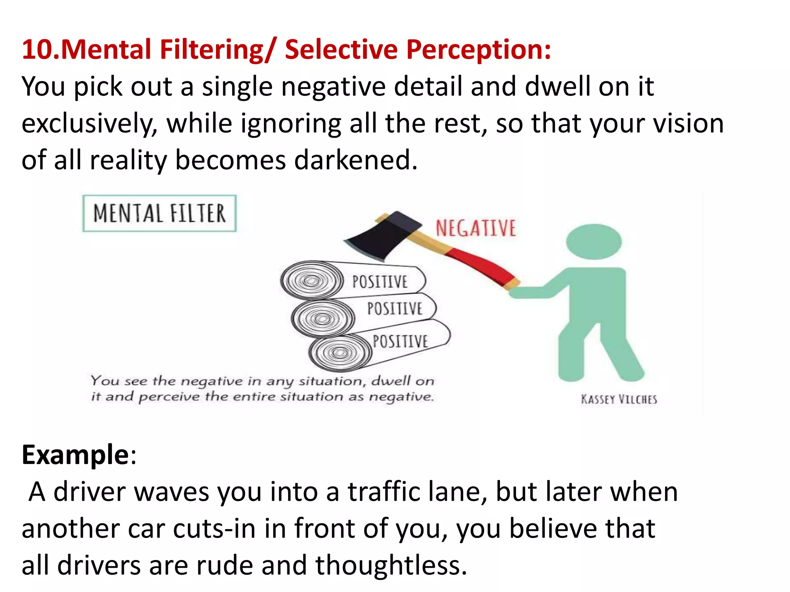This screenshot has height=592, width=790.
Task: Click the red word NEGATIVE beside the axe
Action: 476,228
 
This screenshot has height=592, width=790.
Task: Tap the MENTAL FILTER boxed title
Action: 159,214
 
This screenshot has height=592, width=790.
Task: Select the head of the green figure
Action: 594,242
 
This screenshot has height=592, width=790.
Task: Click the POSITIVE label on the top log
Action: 380,282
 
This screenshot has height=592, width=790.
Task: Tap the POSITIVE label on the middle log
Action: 395,309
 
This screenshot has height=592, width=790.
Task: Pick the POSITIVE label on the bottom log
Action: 400,341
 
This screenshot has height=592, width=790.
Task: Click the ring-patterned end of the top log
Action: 312,281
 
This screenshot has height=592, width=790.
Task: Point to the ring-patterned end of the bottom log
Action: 340,352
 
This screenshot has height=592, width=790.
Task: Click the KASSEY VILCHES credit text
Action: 619,399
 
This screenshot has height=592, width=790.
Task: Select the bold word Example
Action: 76,455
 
